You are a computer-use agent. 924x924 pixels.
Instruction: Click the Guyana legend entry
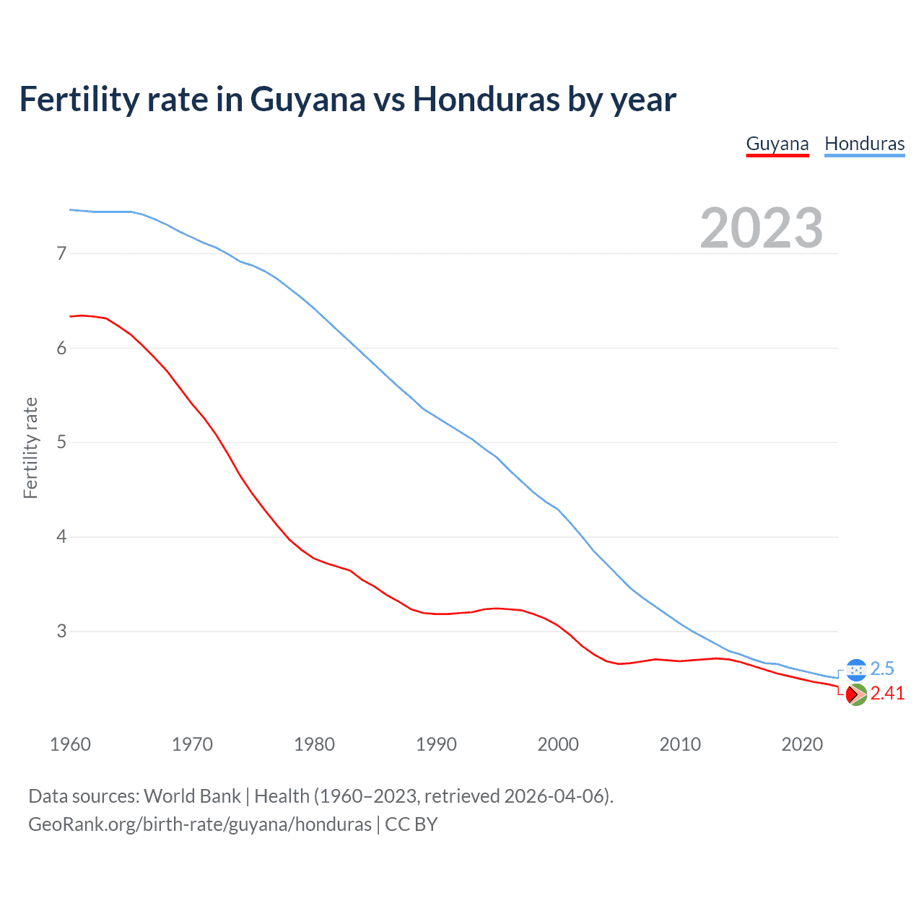pyautogui.click(x=777, y=144)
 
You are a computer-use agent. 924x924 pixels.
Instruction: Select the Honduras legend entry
pyautogui.click(x=864, y=144)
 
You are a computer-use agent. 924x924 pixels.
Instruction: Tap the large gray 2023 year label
pyautogui.click(x=761, y=228)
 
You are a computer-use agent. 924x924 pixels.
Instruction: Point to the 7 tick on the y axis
pyautogui.click(x=61, y=253)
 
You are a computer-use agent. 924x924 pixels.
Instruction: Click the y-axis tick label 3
pyautogui.click(x=61, y=631)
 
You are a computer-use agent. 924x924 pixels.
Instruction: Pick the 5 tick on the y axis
pyautogui.click(x=61, y=442)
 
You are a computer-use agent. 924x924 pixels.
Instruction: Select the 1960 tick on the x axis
pyautogui.click(x=70, y=744)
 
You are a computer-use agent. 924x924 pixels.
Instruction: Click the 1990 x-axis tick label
pyautogui.click(x=436, y=744)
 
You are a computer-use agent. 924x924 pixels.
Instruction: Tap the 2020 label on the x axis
pyautogui.click(x=802, y=744)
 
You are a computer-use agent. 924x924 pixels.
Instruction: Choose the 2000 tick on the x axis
pyautogui.click(x=558, y=744)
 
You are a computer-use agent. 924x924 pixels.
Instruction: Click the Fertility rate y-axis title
pyautogui.click(x=30, y=448)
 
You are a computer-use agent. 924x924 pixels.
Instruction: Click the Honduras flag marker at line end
pyautogui.click(x=856, y=670)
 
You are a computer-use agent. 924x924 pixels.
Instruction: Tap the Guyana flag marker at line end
pyautogui.click(x=856, y=694)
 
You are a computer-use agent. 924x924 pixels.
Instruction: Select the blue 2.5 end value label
pyautogui.click(x=882, y=669)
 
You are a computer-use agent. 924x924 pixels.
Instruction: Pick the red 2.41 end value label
pyautogui.click(x=887, y=694)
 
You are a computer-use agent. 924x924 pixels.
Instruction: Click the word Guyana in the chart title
pyautogui.click(x=308, y=100)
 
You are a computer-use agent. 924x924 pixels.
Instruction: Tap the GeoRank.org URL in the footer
pyautogui.click(x=199, y=824)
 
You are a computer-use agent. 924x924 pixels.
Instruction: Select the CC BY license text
pyautogui.click(x=411, y=824)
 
